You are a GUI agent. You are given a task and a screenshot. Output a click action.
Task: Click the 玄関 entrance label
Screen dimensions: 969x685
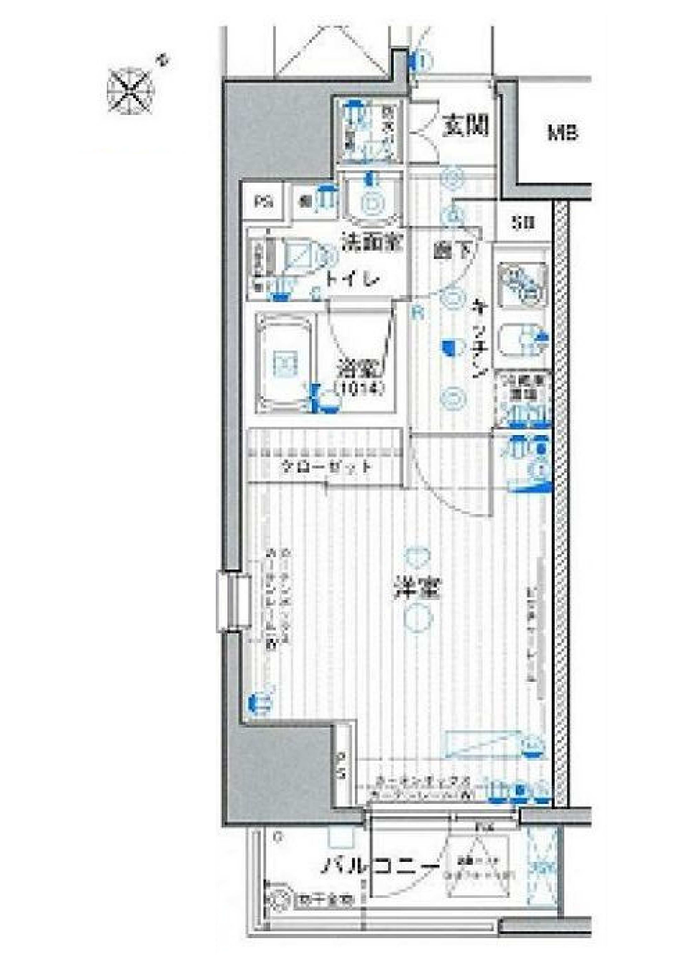tap(465, 125)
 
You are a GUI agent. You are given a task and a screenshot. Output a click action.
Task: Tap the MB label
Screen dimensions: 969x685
tap(563, 134)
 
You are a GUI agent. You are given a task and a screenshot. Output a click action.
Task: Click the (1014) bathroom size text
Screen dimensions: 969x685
tap(359, 387)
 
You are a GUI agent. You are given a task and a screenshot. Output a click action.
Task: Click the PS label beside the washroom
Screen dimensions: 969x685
tap(265, 201)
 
